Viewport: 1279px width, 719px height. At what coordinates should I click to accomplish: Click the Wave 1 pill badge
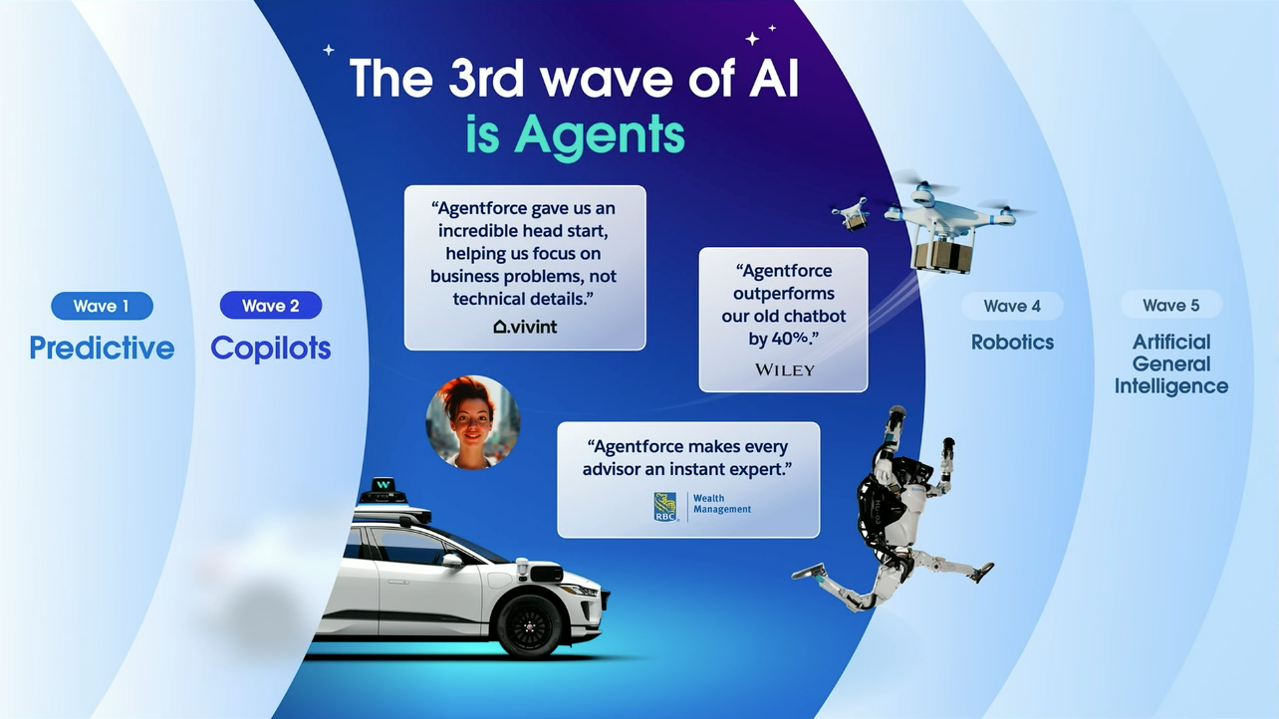(x=101, y=306)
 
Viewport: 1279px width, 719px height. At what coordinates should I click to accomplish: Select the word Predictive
(x=102, y=348)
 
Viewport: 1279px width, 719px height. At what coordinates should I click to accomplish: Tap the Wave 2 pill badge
(x=270, y=306)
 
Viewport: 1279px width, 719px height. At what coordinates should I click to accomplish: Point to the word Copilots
(x=270, y=348)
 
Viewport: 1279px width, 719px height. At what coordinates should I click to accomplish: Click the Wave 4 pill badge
(x=1012, y=306)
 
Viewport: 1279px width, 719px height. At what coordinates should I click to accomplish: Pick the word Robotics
(x=1012, y=342)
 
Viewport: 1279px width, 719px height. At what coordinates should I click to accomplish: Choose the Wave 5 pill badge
(x=1170, y=305)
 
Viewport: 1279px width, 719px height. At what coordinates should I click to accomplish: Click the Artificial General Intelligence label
(x=1170, y=363)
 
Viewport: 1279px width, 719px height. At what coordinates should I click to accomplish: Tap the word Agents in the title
(x=577, y=134)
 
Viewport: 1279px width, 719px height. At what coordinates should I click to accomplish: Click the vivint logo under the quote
(x=525, y=326)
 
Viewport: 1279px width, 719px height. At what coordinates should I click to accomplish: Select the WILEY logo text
(x=784, y=369)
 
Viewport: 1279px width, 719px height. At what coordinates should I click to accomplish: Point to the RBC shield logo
(x=665, y=507)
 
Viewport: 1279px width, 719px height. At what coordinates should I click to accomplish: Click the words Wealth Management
(x=722, y=504)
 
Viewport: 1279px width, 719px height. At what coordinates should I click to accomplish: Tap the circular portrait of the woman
(x=473, y=421)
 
